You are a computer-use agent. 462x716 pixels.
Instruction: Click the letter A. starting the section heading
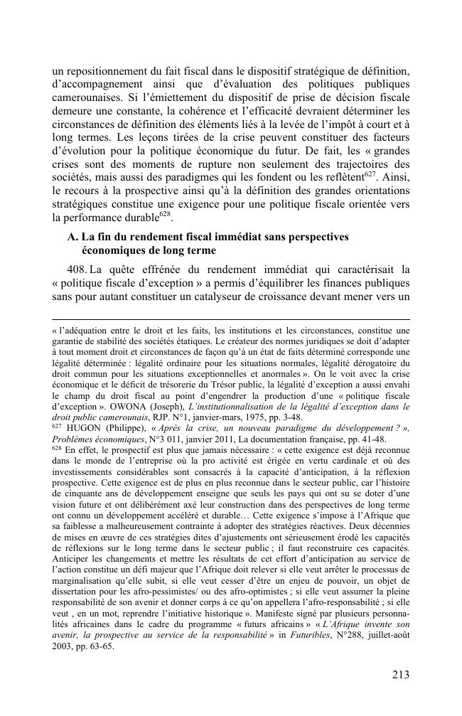73,236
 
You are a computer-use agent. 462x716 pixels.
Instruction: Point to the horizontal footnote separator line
231,319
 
